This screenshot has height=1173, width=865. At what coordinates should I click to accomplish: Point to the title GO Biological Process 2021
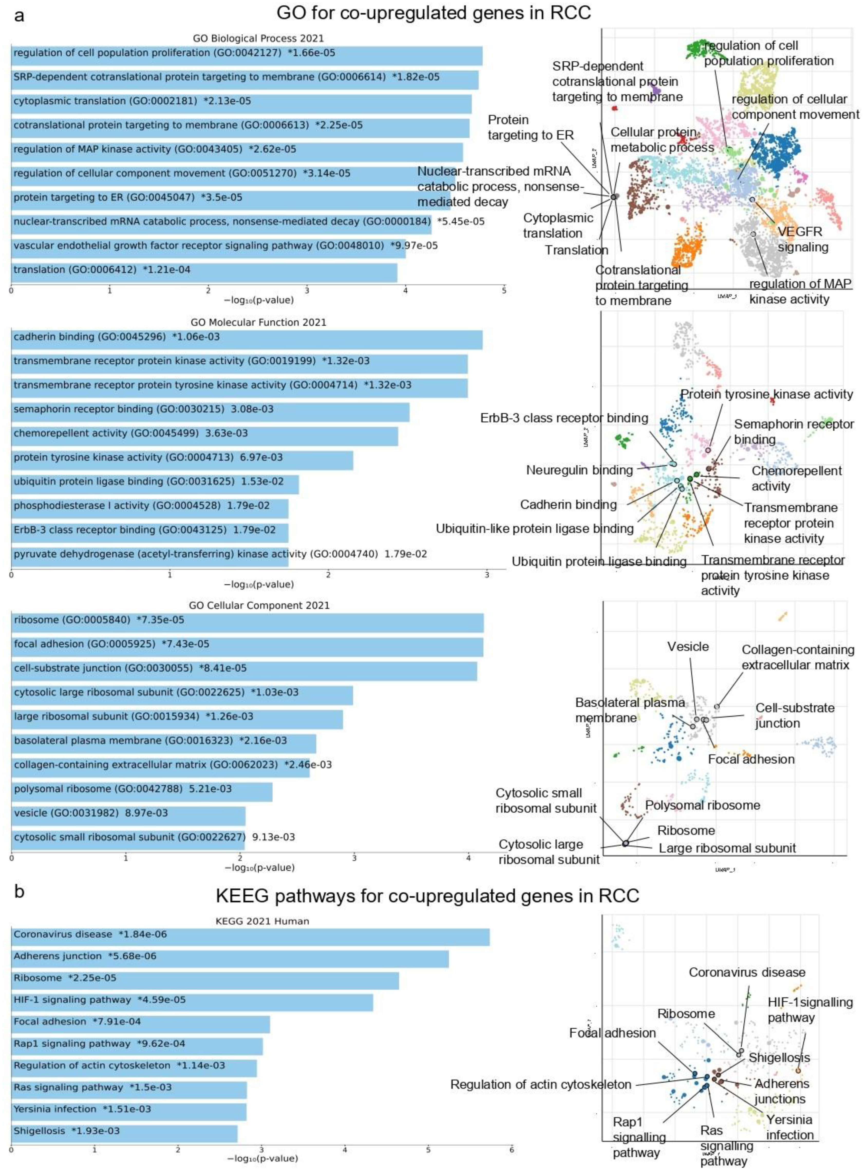258,38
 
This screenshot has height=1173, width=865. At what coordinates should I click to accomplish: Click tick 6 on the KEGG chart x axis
512,1150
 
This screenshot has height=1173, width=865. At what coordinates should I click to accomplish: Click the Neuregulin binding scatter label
579,470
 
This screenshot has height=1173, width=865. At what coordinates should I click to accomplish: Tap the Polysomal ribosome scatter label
702,805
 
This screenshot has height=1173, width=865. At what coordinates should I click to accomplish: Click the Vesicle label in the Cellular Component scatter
688,646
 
